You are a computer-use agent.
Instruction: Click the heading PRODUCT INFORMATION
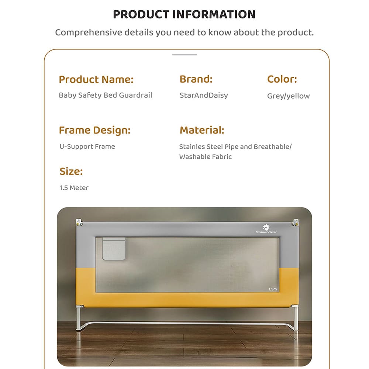coord(184,14)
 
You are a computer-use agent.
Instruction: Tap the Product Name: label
coord(96,79)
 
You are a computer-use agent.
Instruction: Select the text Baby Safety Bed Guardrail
coord(105,95)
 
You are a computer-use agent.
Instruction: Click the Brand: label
coord(196,79)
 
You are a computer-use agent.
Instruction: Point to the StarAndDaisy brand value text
coord(203,95)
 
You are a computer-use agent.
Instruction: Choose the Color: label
coord(282,79)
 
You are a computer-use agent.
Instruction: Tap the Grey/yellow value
coord(288,96)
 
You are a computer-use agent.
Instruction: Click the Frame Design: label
coord(94,130)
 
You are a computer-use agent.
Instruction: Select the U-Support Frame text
coord(87,146)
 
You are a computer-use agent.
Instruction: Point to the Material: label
coord(202,130)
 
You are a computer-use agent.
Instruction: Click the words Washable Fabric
coord(205,157)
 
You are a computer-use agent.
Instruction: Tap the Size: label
coord(71,171)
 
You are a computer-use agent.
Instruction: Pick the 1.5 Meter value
coord(74,188)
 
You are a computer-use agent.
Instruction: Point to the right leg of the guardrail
coord(295,318)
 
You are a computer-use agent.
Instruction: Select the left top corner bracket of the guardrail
coord(79,223)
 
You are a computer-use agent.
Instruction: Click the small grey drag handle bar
coord(184,55)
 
